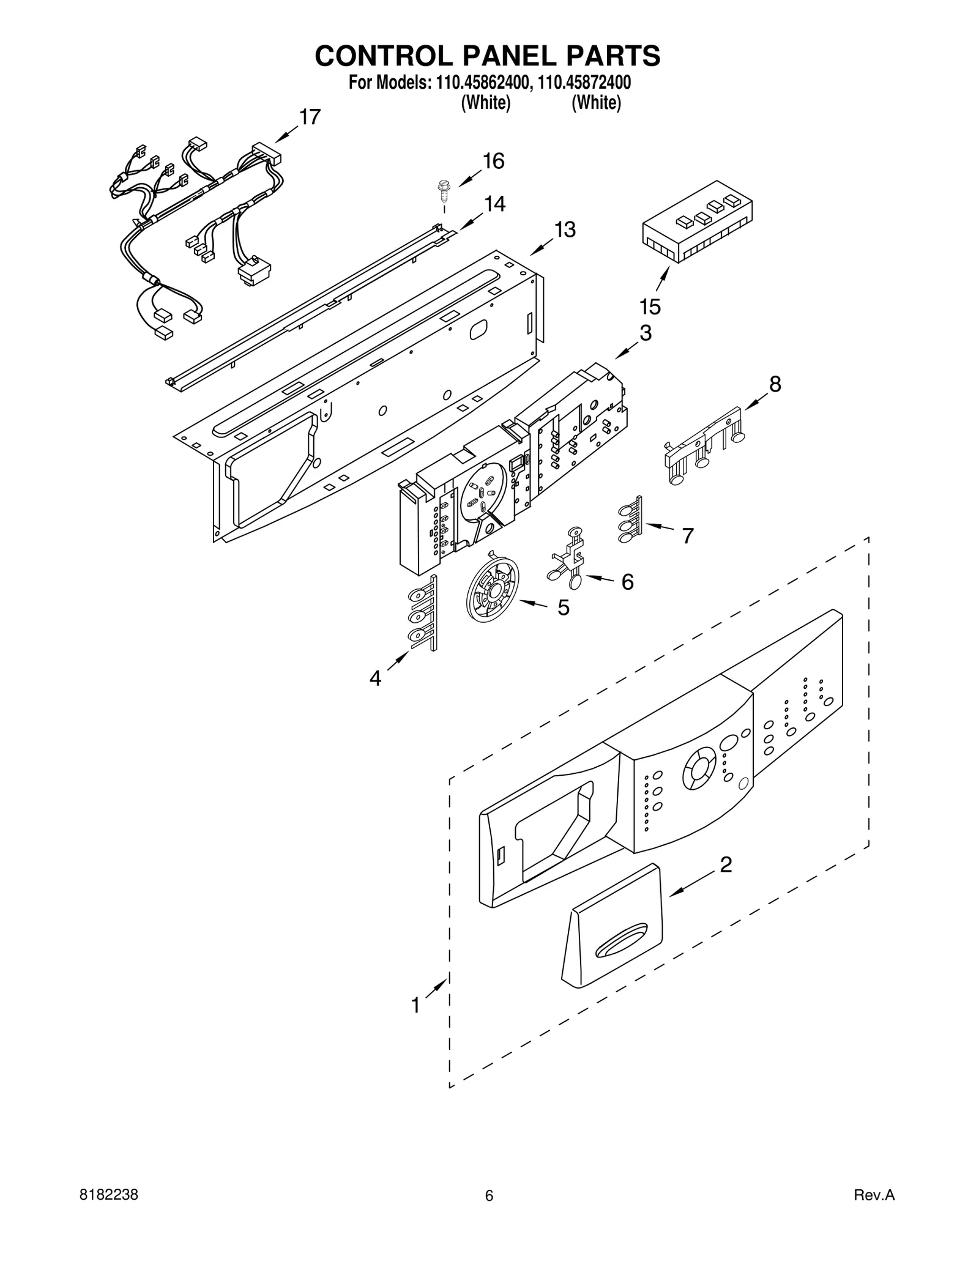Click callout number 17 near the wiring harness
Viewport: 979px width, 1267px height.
[310, 116]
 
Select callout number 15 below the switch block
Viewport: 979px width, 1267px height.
[650, 307]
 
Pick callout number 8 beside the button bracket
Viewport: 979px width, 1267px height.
[775, 384]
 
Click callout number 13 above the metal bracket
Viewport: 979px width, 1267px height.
[565, 230]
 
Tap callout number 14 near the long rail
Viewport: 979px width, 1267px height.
[494, 204]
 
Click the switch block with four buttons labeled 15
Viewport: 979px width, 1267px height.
[698, 221]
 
